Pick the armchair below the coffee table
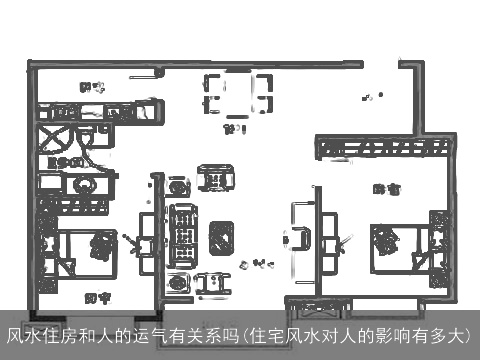tap(209, 284)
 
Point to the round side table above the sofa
tap(177, 186)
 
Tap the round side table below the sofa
tap(177, 283)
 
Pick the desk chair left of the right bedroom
tap(301, 239)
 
